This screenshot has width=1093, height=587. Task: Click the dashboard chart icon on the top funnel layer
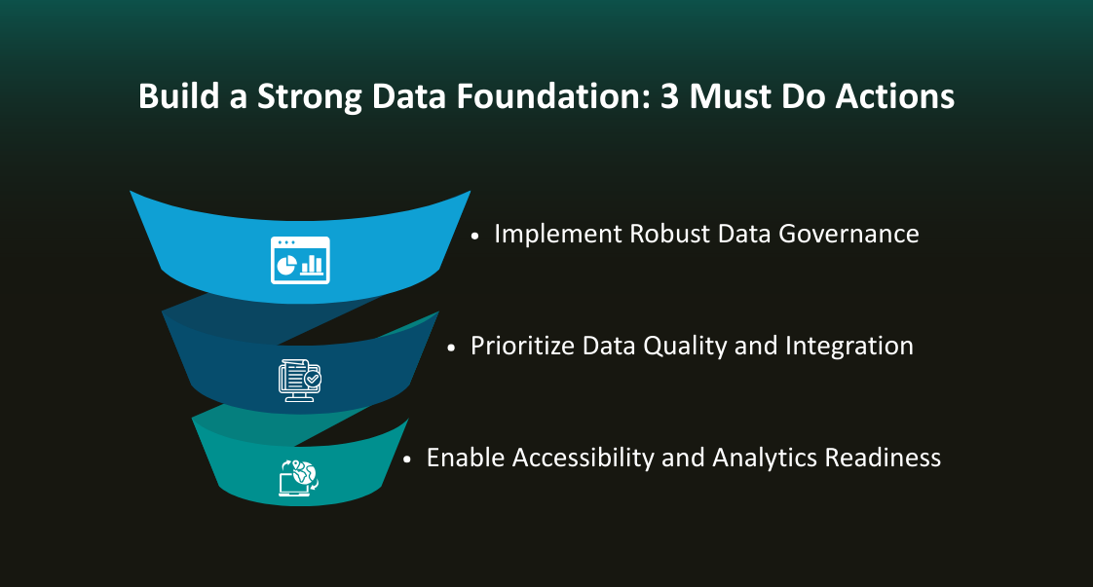coord(300,260)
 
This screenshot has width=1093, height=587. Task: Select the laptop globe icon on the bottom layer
coord(299,477)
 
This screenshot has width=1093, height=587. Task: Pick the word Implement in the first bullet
coord(557,235)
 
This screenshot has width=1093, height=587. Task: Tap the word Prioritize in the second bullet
coord(522,347)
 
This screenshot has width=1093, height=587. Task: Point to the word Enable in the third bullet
coord(466,458)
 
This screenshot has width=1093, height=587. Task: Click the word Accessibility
coord(584,458)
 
